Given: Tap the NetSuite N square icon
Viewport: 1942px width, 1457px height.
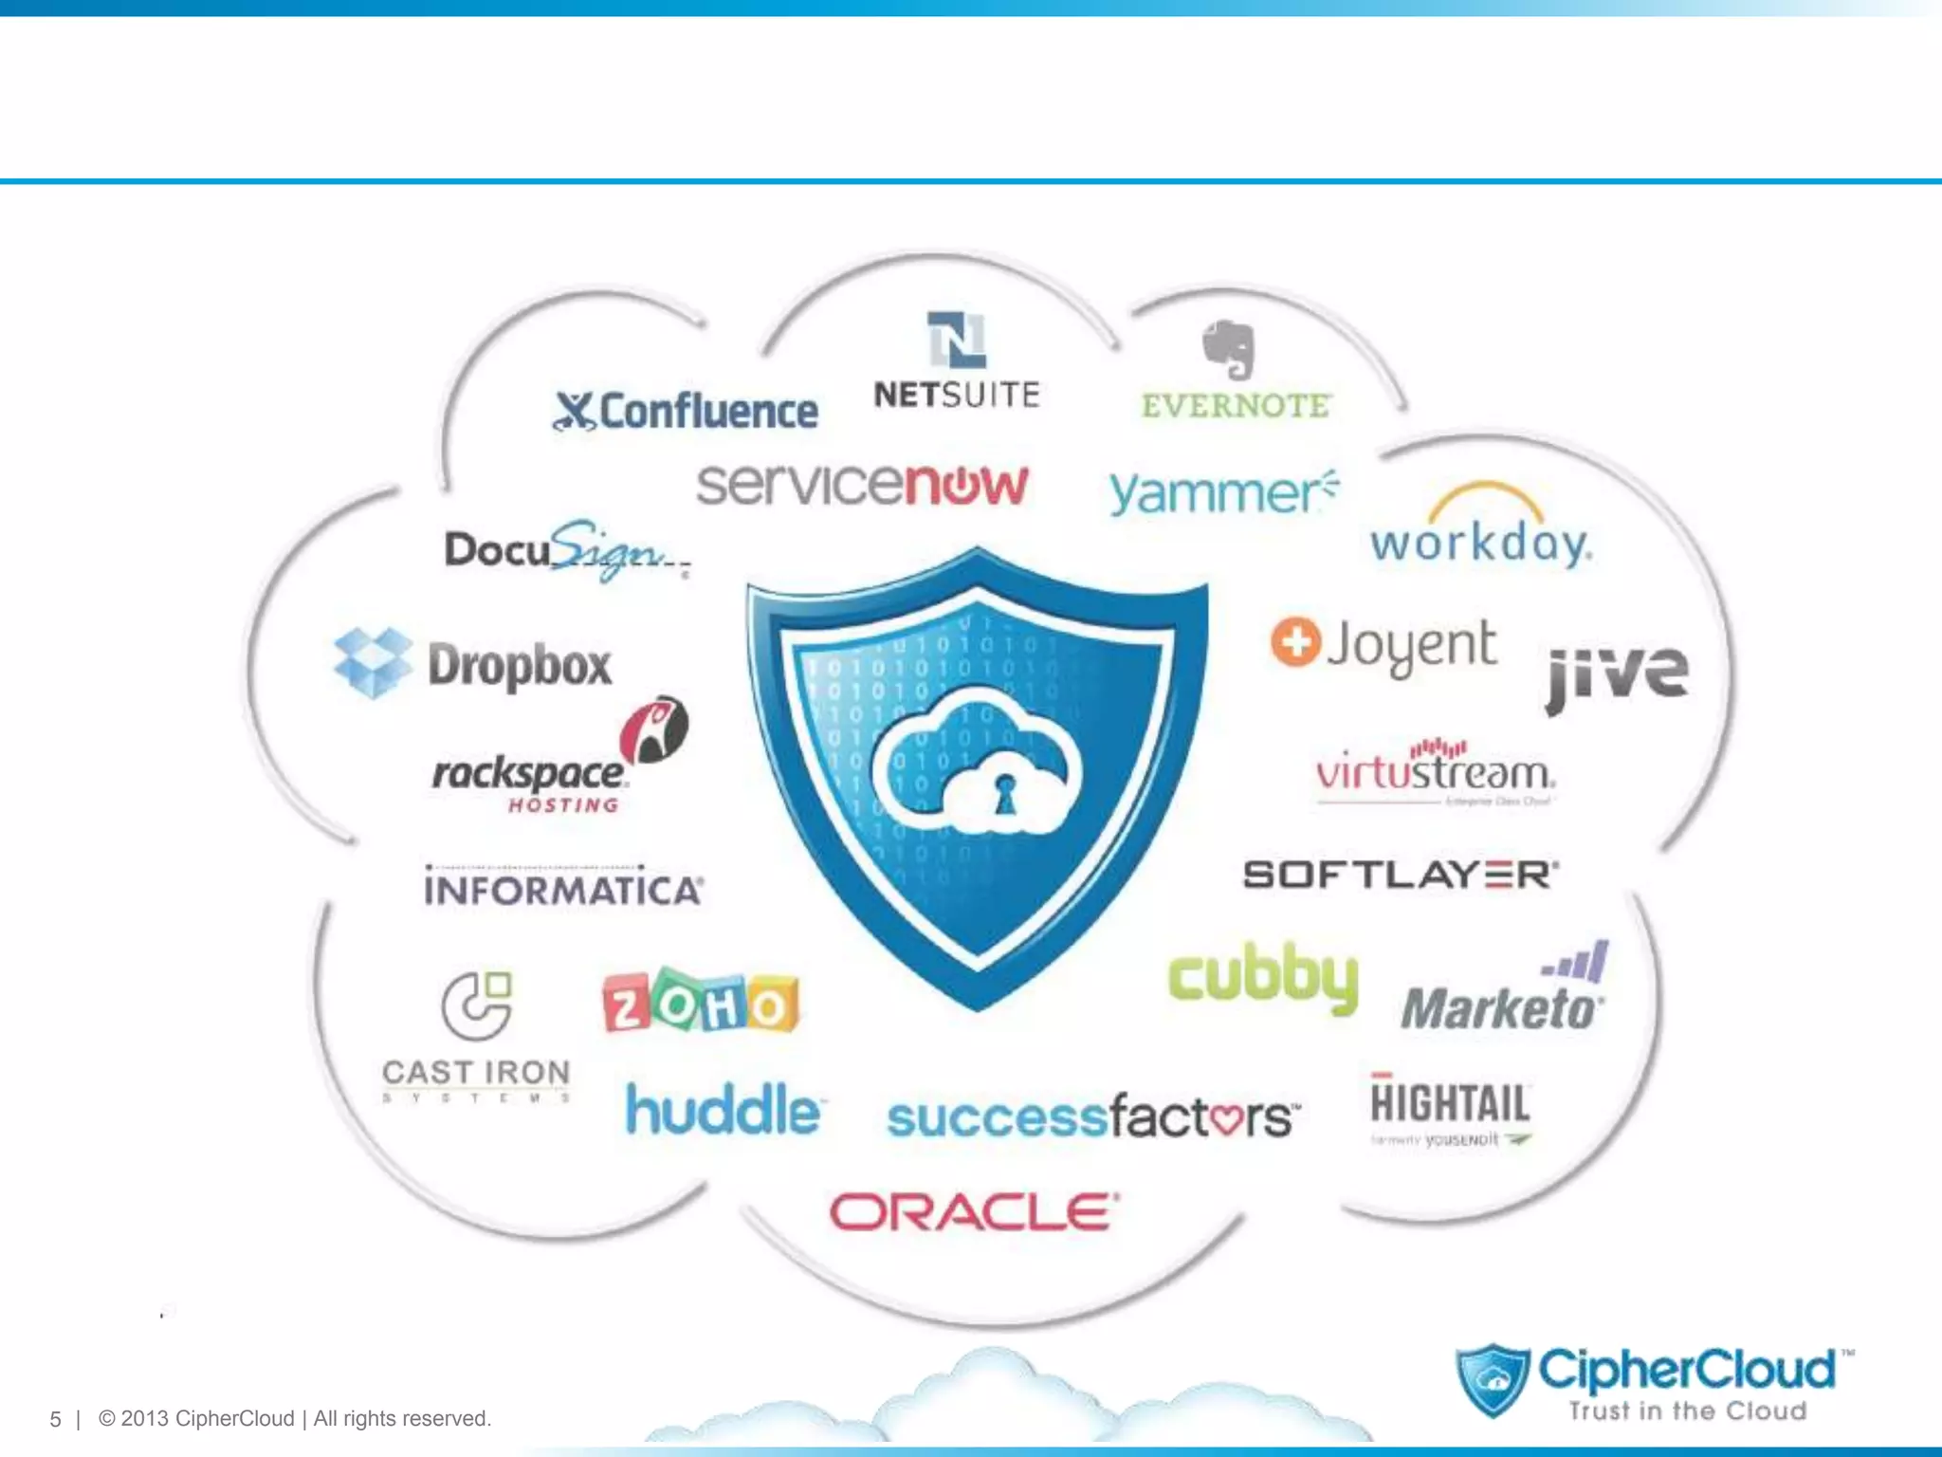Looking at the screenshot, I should point(956,340).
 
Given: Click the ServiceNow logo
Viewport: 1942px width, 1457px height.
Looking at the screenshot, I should point(862,485).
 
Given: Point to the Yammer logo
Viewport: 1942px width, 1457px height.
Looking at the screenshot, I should point(1221,493).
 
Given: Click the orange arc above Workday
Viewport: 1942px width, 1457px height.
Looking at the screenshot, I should point(1485,496).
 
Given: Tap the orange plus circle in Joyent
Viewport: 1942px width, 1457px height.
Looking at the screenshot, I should point(1295,642).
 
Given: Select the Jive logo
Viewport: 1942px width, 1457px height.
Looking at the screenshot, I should point(1617,673).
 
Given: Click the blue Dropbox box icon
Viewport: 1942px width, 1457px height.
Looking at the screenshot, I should point(373,662).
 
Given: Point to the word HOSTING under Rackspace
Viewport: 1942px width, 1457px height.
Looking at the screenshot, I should point(563,805).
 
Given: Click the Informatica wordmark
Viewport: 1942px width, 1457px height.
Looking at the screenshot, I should point(563,890).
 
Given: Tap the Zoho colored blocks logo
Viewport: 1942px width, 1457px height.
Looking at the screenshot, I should point(701,1003).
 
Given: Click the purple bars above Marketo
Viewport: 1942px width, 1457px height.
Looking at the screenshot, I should point(1578,962).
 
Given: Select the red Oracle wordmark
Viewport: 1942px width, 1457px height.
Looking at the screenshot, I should point(974,1212).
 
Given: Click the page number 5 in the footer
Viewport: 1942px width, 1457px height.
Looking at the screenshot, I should point(55,1419).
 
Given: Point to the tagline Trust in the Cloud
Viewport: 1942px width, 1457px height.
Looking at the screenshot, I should point(1687,1411).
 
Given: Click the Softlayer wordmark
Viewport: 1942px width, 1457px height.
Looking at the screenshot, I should point(1400,875).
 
